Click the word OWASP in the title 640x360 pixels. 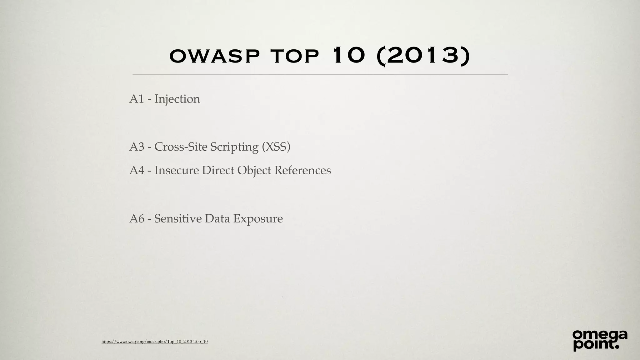tap(214, 56)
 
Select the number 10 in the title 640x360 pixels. tap(349, 55)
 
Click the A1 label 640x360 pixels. tap(137, 99)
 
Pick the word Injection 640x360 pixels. tap(177, 99)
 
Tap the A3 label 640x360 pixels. tap(137, 147)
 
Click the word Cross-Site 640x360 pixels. tap(181, 147)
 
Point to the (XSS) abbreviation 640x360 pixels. tap(276, 147)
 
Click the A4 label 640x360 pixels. tap(137, 170)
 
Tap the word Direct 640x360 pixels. tap(218, 170)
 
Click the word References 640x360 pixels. tap(302, 170)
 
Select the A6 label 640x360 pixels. tap(137, 218)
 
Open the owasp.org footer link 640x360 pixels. tap(154, 342)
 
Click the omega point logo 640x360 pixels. tap(600, 340)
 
